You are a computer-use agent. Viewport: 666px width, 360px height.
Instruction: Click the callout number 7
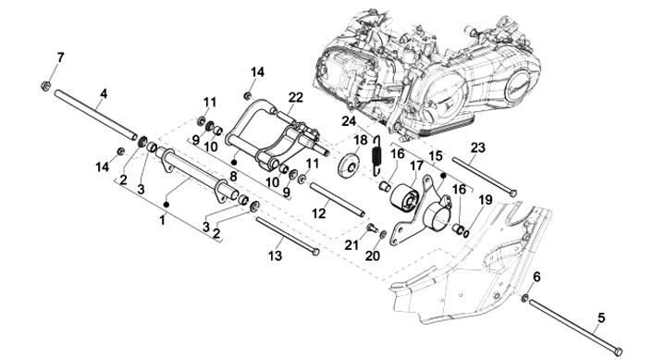pyautogui.click(x=60, y=57)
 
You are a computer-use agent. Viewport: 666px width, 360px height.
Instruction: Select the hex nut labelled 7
pyautogui.click(x=46, y=86)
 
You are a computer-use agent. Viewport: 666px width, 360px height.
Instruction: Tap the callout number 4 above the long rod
pyautogui.click(x=104, y=93)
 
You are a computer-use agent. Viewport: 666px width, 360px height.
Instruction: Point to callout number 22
pyautogui.click(x=296, y=97)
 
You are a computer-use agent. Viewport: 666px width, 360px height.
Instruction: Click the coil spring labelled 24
pyautogui.click(x=376, y=155)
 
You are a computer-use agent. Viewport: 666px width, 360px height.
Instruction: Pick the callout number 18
pyautogui.click(x=360, y=140)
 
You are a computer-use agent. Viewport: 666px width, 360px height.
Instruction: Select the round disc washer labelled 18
pyautogui.click(x=349, y=166)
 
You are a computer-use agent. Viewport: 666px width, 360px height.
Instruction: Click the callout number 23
pyautogui.click(x=477, y=148)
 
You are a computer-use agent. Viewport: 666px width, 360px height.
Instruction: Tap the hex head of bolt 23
pyautogui.click(x=512, y=193)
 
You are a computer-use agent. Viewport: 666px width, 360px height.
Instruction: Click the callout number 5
pyautogui.click(x=601, y=317)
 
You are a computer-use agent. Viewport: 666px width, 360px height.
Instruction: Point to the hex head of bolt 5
pyautogui.click(x=618, y=352)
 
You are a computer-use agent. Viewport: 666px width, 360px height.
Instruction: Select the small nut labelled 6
pyautogui.click(x=525, y=298)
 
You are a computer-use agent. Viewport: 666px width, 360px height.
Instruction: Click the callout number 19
pyautogui.click(x=485, y=199)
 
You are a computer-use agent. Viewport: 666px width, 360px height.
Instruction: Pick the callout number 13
pyautogui.click(x=275, y=255)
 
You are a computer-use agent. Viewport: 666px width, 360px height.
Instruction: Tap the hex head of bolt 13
pyautogui.click(x=315, y=252)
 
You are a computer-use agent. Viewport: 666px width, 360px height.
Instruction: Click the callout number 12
pyautogui.click(x=318, y=213)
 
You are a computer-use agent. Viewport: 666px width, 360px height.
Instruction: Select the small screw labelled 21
pyautogui.click(x=372, y=229)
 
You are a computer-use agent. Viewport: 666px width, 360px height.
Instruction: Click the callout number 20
pyautogui.click(x=373, y=255)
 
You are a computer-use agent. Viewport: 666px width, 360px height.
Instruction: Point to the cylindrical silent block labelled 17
pyautogui.click(x=405, y=197)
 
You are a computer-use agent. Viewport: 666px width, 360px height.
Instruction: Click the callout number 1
pyautogui.click(x=162, y=220)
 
